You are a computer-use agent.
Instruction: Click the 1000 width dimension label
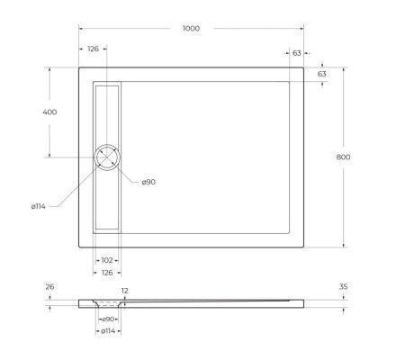coord(191,28)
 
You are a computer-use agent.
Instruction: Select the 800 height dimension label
coord(342,157)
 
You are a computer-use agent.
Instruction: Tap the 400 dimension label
coord(49,112)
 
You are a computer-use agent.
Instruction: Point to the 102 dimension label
coord(107,259)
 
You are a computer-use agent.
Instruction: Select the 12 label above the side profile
coord(124,291)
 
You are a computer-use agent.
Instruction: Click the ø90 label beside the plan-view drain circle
coord(148,182)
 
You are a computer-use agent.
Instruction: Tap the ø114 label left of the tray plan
coord(38,206)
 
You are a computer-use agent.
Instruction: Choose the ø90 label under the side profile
coord(107,319)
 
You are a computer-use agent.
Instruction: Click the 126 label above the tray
coord(93,50)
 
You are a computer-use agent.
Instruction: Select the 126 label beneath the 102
coord(107,272)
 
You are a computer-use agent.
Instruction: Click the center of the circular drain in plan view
coord(107,157)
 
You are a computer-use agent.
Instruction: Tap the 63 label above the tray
coord(296,53)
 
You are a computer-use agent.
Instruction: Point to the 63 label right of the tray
coord(321,74)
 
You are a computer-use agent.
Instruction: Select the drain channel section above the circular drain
coord(107,112)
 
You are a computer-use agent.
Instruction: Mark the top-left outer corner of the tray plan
coord(79,67)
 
